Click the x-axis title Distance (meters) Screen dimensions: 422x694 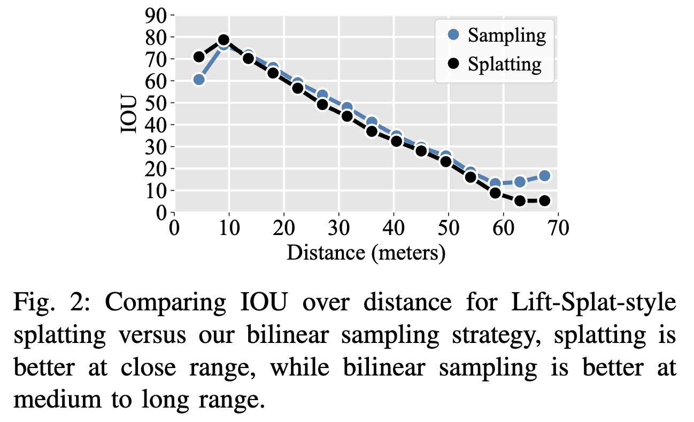(x=366, y=252)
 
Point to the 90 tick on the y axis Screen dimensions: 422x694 (x=156, y=15)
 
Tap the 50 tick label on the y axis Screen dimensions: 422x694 (x=156, y=103)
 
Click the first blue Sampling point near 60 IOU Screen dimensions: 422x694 (x=199, y=80)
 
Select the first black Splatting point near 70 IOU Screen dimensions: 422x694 (x=199, y=57)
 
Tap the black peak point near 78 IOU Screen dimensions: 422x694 (x=223, y=40)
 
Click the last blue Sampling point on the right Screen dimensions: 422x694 (x=544, y=176)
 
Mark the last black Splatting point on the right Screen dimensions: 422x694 (x=544, y=201)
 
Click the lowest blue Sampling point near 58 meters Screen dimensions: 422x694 (x=495, y=184)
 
